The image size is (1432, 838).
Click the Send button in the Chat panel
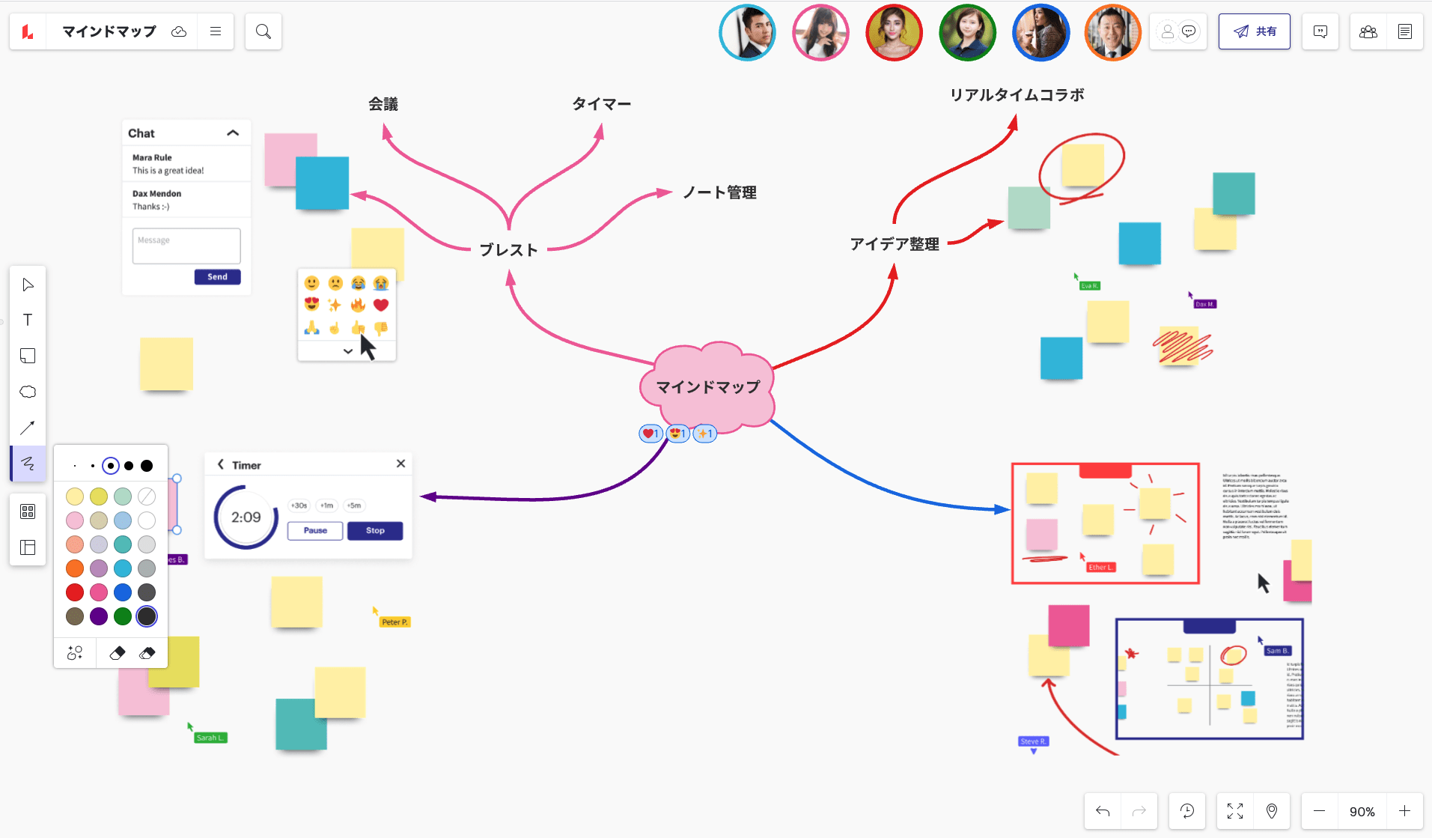point(217,277)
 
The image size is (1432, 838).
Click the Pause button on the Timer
point(315,531)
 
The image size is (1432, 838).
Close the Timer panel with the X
point(401,464)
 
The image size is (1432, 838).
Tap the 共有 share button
point(1254,31)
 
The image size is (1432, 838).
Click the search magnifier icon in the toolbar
point(263,31)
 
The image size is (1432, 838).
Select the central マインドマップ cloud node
point(707,387)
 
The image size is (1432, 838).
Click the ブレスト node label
point(508,250)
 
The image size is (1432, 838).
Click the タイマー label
point(601,104)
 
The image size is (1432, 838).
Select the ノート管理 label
point(719,193)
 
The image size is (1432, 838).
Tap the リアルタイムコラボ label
point(1017,95)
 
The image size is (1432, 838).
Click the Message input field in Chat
point(186,246)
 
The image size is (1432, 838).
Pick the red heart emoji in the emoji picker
point(381,305)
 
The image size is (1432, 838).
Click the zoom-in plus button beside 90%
point(1404,811)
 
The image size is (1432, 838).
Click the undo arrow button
point(1103,811)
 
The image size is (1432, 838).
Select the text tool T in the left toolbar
point(28,320)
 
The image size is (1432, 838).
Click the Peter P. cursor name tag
point(394,622)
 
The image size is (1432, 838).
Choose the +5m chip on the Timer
point(354,505)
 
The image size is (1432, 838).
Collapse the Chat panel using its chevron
point(233,133)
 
